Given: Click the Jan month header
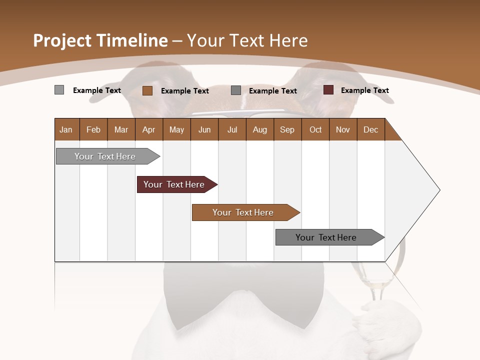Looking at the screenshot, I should [x=66, y=129].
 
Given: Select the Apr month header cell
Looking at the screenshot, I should [x=148, y=129].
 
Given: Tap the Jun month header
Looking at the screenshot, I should [x=204, y=129].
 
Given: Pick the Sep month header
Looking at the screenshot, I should [x=287, y=129].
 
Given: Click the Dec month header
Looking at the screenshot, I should [x=370, y=129].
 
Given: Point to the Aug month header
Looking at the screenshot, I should [x=259, y=129].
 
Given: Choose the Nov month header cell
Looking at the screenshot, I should [x=342, y=129].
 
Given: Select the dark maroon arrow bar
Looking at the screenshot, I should [x=174, y=184].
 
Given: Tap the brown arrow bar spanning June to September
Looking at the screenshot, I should [x=243, y=212].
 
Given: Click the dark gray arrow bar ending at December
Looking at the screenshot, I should [x=326, y=237].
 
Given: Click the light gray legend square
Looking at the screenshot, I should [x=59, y=90].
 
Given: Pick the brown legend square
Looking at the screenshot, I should [x=147, y=90].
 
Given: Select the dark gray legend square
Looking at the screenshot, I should [x=236, y=90].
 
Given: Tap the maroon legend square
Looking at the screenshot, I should [x=328, y=90].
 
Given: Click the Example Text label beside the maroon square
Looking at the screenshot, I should [x=364, y=90].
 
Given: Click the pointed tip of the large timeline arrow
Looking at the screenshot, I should [x=438, y=190].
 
